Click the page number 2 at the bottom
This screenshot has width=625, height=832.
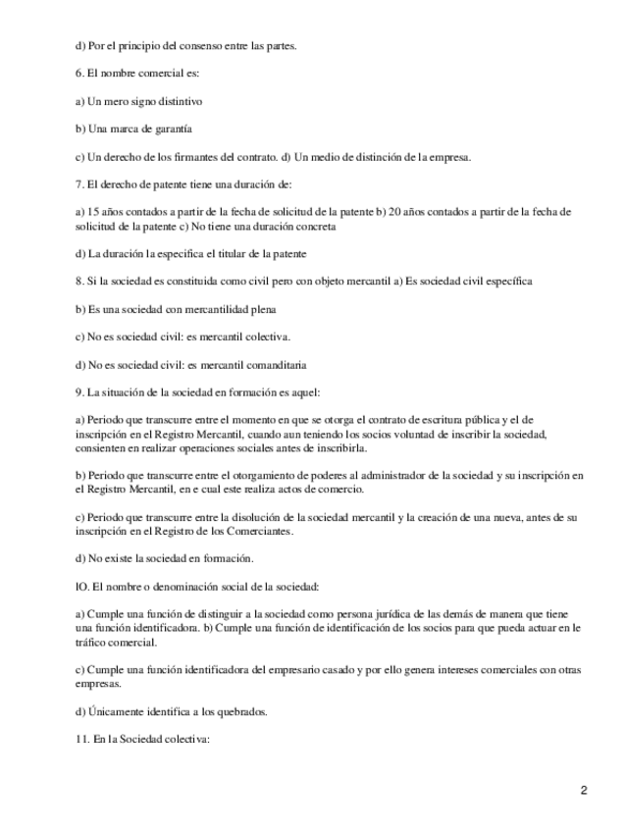tap(583, 791)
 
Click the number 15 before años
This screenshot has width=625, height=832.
tap(93, 211)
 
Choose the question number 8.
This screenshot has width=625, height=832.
tap(79, 282)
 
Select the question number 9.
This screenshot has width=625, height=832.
tap(79, 391)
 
